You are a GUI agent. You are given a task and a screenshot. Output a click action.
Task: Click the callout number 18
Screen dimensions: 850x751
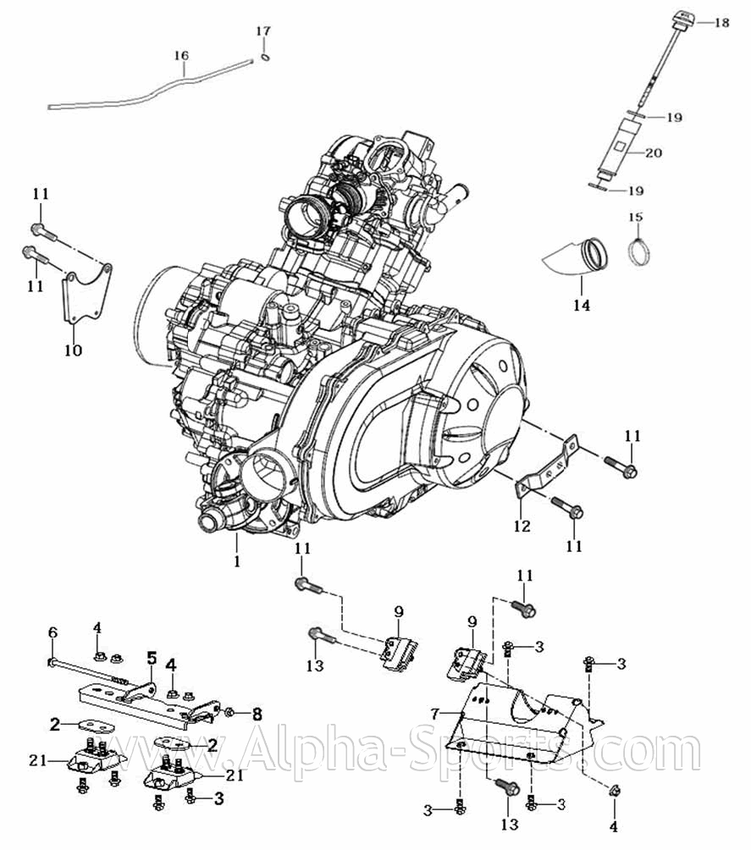(721, 23)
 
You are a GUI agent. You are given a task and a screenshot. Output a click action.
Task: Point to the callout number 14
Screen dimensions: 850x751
(580, 305)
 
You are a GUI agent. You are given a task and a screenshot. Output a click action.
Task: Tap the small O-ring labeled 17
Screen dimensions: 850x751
(266, 58)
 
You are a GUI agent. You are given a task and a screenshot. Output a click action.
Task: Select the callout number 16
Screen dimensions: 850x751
(181, 56)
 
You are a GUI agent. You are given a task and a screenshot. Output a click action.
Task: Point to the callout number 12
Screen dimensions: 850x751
(522, 526)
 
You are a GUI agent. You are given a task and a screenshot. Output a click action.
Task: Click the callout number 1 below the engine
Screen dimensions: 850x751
(237, 560)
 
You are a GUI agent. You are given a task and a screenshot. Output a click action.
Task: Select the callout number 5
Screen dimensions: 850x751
(152, 657)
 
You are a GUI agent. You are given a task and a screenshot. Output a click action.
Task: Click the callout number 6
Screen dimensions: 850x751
(52, 632)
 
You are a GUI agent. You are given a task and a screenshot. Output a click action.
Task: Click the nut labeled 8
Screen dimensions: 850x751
(229, 711)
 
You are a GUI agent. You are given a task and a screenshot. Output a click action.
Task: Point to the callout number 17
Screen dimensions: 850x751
(263, 31)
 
